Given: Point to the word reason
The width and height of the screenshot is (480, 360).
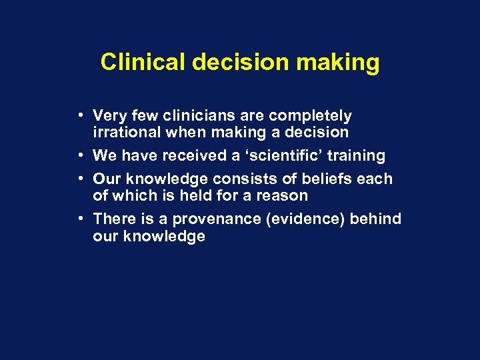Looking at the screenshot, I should tap(285, 195).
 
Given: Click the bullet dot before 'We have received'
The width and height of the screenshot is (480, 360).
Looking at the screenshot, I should tap(79, 155).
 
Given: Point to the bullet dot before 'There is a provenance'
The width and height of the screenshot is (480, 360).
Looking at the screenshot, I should tap(79, 219).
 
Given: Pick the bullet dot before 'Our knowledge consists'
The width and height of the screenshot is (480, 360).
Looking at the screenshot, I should tap(79, 179).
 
